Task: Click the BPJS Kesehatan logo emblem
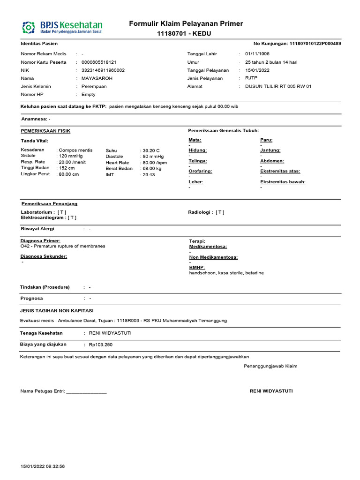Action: (30, 27)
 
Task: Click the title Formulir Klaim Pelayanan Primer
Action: (186, 24)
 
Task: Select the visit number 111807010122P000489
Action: (315, 44)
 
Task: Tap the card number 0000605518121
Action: (99, 62)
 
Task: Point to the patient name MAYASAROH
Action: (97, 78)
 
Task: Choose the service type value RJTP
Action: (251, 78)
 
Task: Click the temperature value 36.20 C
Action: (151, 150)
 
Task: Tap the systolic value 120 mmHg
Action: (70, 156)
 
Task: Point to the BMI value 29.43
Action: (149, 174)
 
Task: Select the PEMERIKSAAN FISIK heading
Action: (45, 131)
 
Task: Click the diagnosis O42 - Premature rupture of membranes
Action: (63, 246)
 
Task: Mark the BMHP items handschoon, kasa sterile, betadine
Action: (226, 273)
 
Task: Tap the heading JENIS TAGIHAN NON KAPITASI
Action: (57, 310)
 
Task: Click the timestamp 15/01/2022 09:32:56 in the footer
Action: (43, 466)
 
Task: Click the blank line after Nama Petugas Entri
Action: (87, 391)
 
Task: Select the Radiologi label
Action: (201, 212)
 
